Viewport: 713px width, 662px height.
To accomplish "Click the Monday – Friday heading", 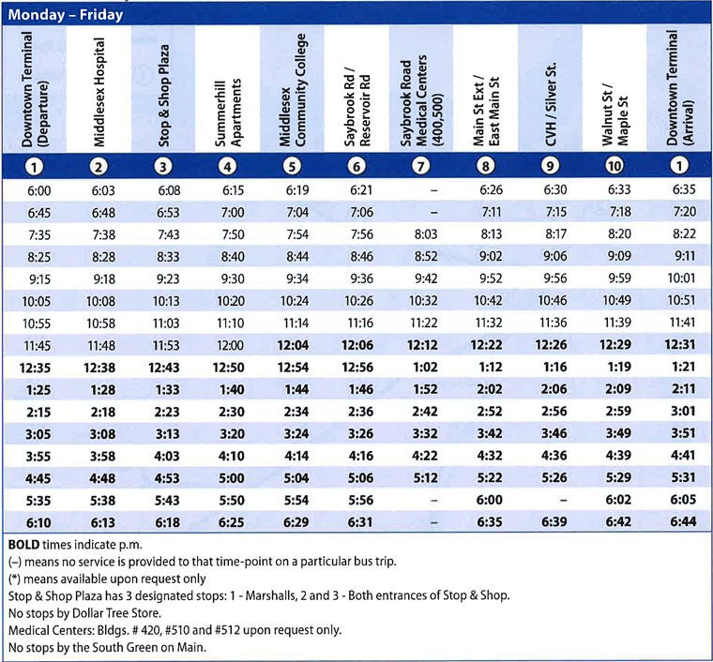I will point(66,15).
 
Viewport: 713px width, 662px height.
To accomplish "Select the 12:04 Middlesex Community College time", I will point(292,346).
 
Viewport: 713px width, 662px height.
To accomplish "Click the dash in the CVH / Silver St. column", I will point(550,501).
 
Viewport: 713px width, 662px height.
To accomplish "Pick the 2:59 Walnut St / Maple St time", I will point(614,412).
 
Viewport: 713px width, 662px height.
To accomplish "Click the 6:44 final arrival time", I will point(679,522).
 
